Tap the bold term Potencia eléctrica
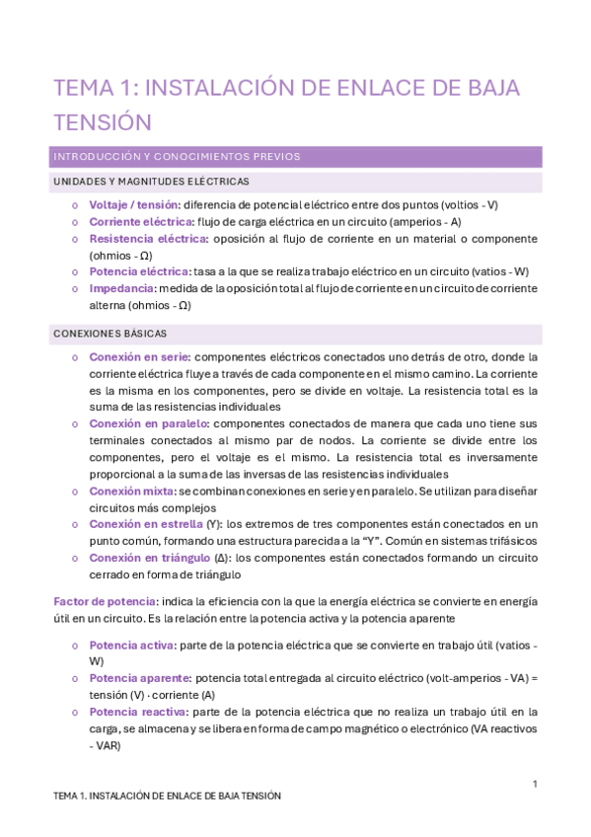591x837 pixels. point(138,271)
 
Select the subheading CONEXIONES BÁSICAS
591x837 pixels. point(110,334)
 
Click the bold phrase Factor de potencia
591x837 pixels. point(105,601)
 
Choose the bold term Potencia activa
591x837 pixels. point(130,645)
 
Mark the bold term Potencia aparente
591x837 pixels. point(138,678)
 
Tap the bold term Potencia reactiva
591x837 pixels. point(138,712)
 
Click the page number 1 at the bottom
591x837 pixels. point(534,784)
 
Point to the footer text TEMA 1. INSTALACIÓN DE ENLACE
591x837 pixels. point(167,796)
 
